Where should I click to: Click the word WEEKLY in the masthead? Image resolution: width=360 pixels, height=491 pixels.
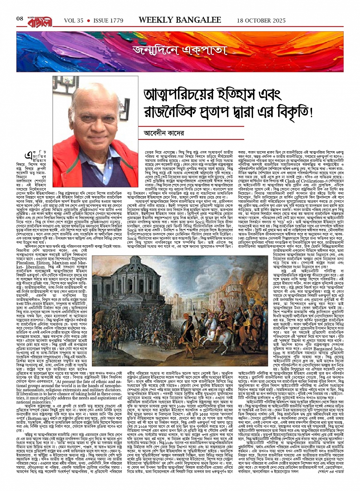(x=155, y=20)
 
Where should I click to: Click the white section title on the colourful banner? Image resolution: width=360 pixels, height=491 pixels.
(x=179, y=50)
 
